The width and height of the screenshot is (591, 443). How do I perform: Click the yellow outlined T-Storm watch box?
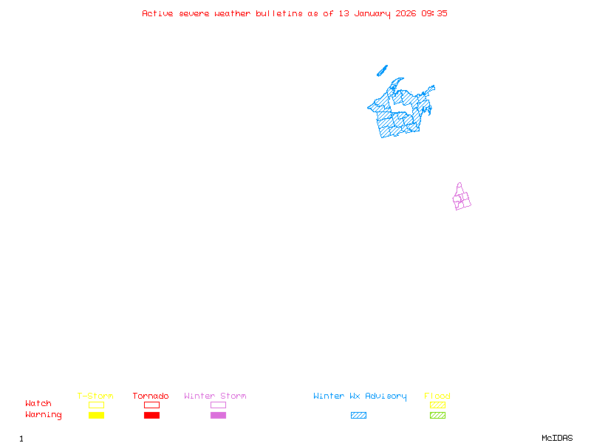(96, 405)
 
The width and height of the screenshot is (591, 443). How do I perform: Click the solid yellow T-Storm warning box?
(96, 415)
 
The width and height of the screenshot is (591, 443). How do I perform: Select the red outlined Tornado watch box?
(151, 405)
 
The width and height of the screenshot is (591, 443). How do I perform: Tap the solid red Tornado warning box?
(151, 415)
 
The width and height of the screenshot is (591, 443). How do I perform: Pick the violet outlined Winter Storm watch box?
(218, 405)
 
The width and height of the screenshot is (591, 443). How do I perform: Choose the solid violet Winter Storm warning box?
(218, 415)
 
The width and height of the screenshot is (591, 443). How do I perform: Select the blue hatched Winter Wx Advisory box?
(358, 415)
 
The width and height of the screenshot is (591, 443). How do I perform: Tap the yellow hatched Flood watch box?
(437, 405)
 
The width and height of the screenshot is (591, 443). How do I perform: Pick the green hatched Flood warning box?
(437, 415)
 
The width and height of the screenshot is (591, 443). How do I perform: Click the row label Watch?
(38, 404)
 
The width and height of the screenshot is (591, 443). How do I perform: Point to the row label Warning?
(44, 415)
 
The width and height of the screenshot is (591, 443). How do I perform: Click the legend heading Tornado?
(151, 396)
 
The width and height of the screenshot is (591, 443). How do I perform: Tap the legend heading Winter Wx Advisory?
(360, 396)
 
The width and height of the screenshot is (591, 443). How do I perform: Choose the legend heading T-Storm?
(95, 396)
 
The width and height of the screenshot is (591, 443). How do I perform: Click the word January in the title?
(374, 13)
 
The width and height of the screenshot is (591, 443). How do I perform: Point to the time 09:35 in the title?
(434, 13)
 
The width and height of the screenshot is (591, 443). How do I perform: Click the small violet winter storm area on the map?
(462, 198)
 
